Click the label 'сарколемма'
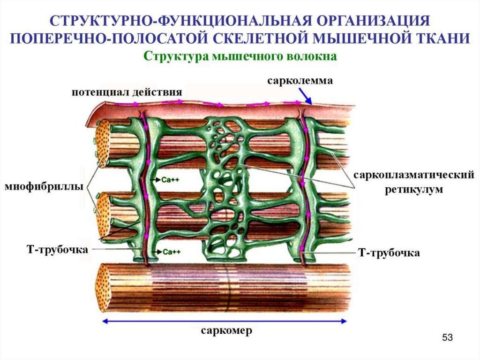[300, 81]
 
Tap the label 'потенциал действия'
[127, 91]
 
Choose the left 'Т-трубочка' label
[57, 248]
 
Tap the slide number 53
[448, 338]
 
